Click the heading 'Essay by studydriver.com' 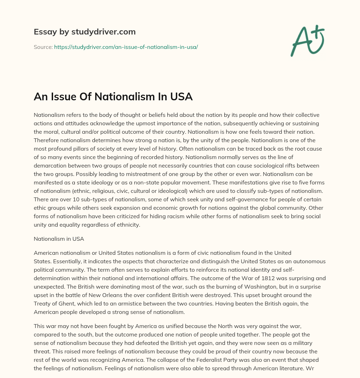click(84, 32)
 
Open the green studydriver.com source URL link click(126, 47)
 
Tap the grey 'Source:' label click(43, 47)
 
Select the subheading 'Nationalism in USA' click(59, 239)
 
